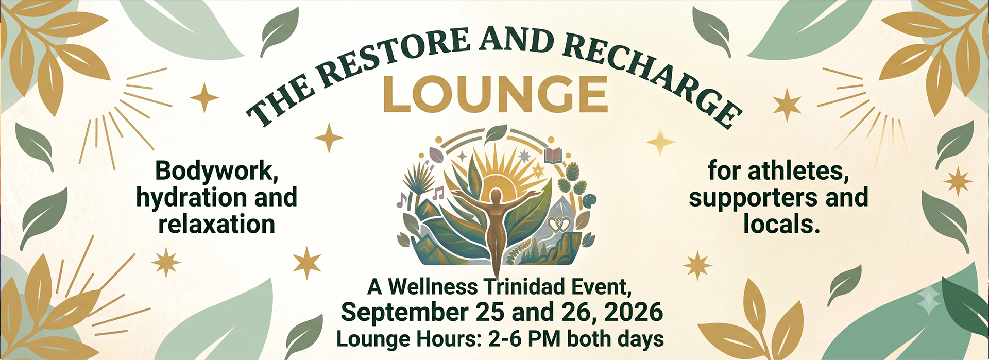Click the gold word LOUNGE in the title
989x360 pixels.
tap(495, 94)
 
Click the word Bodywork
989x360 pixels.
tap(217, 171)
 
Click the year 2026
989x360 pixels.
tap(633, 312)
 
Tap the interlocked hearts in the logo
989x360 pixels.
tap(558, 224)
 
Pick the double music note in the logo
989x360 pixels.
tap(438, 193)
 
